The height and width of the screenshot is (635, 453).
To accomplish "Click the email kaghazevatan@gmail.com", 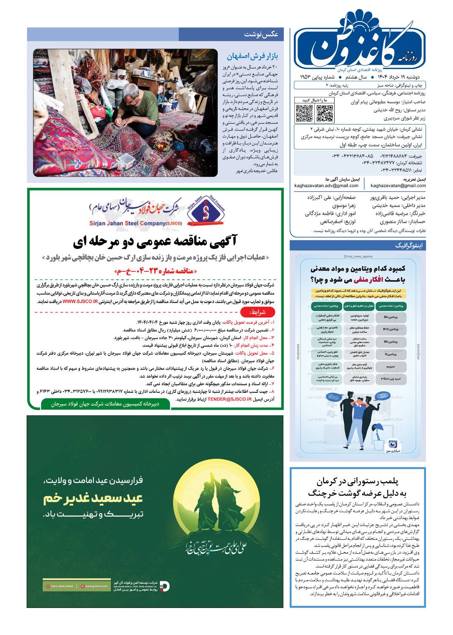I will click(398, 185).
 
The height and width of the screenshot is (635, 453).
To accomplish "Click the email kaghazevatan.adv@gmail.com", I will click(327, 185).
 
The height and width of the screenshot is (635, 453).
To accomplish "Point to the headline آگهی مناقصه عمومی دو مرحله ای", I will click(155, 241).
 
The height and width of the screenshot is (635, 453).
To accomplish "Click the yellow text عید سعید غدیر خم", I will click(93, 498).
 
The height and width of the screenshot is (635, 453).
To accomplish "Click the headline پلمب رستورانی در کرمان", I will click(358, 481).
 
